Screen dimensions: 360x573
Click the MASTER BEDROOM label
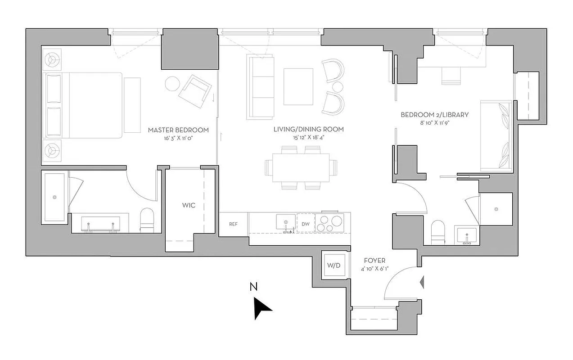coord(178,130)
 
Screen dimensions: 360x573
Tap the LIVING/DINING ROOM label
coord(308,129)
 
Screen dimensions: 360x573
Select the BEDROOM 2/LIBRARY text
coord(434,115)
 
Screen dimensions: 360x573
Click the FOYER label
coord(374,261)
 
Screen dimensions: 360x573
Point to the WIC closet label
coord(188,205)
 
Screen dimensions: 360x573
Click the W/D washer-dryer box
coord(333,265)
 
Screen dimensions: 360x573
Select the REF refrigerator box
coord(233,224)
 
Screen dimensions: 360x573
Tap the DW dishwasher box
coord(306,224)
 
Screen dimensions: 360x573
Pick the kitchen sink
coord(285,222)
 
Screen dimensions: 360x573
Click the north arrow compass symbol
coord(262,309)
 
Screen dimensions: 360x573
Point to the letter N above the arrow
coord(254,287)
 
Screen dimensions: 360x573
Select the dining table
coord(301,167)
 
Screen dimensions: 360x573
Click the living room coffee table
coord(298,86)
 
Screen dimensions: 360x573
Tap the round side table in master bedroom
coord(172,84)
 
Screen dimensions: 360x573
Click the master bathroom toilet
coord(147,220)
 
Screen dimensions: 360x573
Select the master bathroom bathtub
coord(55,197)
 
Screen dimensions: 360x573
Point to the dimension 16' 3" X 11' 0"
coord(178,139)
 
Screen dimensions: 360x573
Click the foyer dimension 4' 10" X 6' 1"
coord(374,269)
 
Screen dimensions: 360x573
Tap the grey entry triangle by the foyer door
coord(422,282)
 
